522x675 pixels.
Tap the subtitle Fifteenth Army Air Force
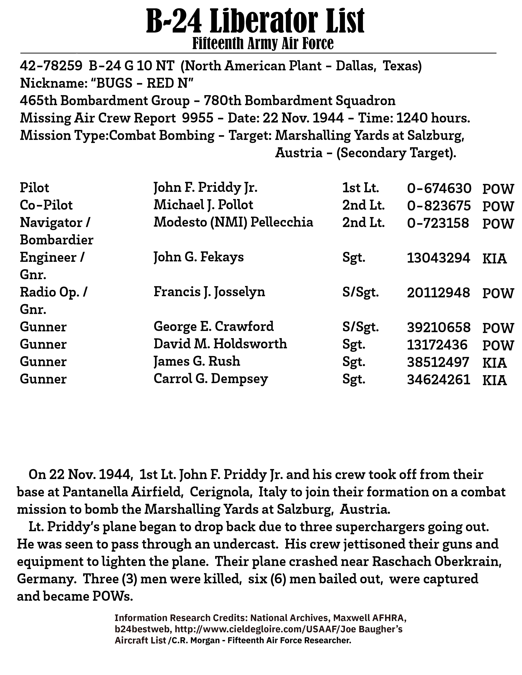coord(263,44)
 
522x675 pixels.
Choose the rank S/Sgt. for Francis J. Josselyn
coord(360,292)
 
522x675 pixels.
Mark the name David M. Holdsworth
coord(220,344)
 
